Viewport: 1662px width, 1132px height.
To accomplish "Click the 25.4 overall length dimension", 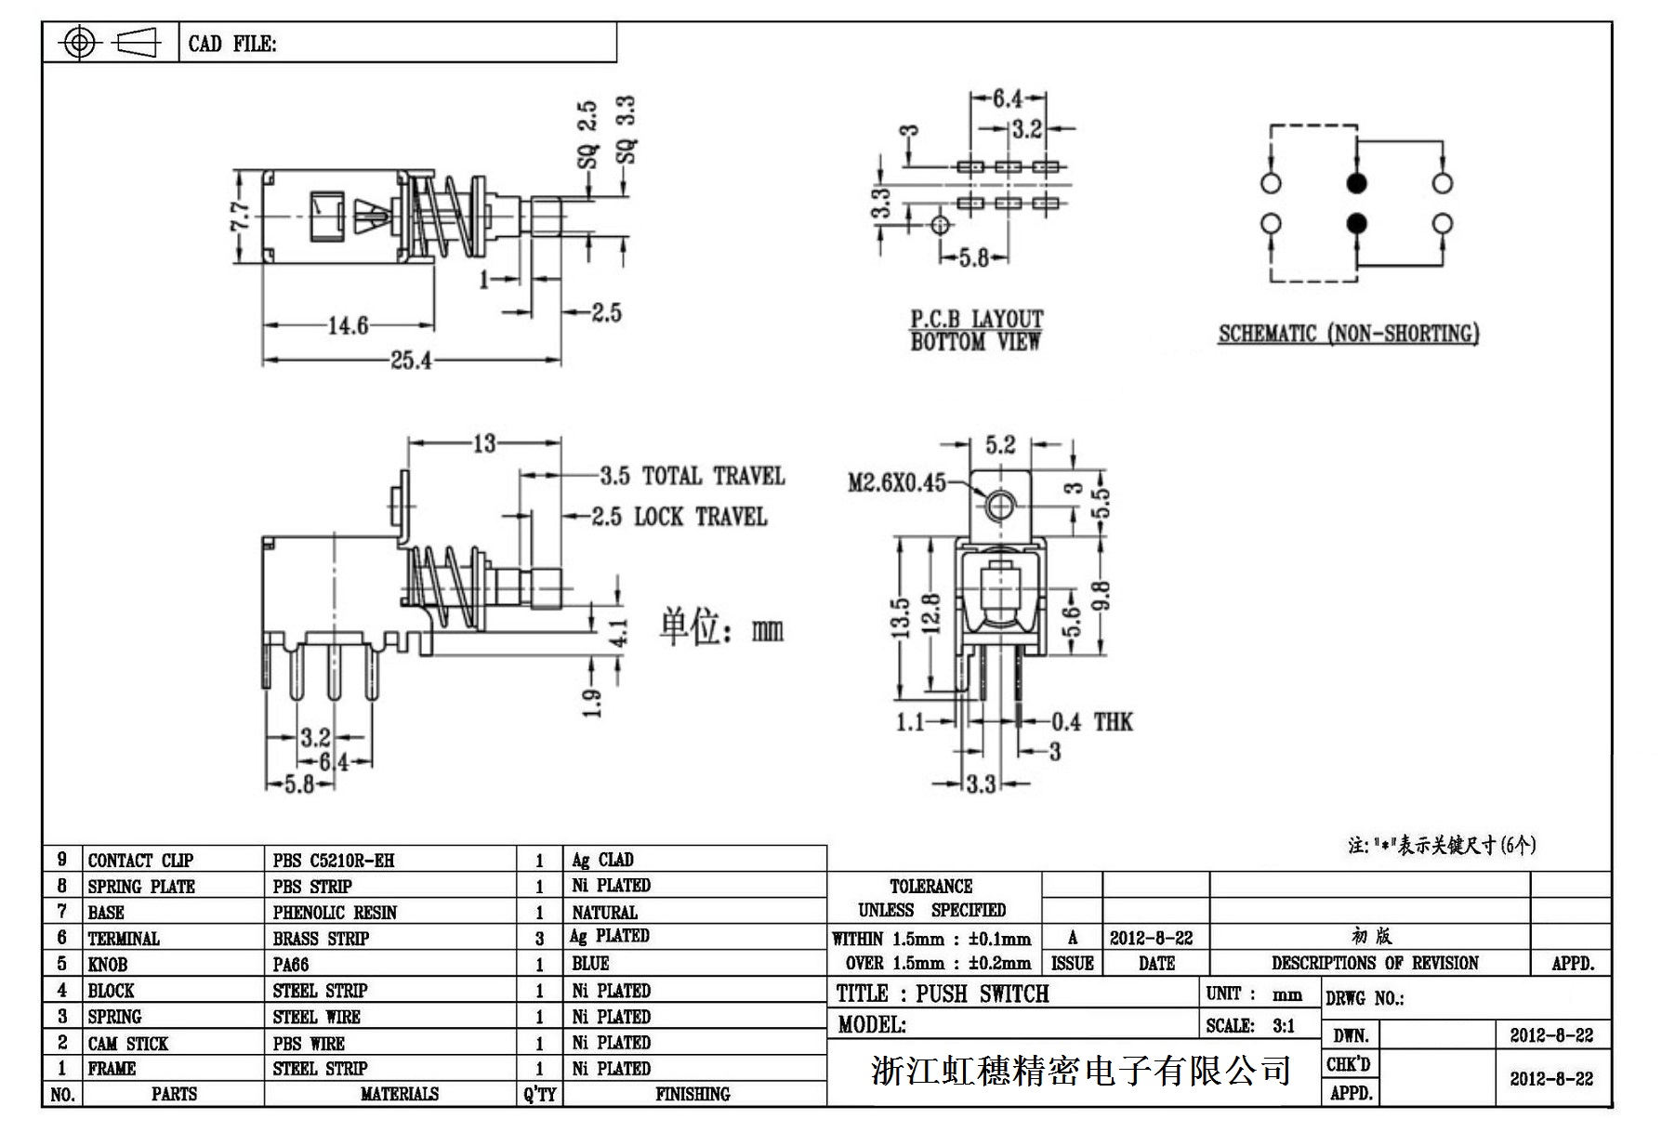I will coord(411,360).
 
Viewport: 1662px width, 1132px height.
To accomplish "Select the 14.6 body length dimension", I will coord(349,325).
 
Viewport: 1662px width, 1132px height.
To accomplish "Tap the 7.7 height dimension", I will coord(239,217).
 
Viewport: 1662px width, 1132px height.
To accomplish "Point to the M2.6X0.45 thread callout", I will coord(896,482).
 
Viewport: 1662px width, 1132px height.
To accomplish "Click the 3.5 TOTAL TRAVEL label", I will coord(692,477).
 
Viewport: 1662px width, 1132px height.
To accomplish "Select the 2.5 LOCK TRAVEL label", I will coord(679,517).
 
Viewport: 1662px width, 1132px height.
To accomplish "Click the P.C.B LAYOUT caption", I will coord(976,320).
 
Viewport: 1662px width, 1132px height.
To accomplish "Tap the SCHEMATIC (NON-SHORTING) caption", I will coord(1348,334).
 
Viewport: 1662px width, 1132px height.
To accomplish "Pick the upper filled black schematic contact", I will coord(1356,183).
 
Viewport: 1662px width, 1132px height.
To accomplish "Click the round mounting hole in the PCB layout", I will coord(941,224).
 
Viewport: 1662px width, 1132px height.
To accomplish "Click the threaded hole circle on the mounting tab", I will coord(999,506).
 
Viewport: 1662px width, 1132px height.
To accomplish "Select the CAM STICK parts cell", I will coord(128,1043).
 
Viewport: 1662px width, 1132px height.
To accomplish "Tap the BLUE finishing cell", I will coord(591,964).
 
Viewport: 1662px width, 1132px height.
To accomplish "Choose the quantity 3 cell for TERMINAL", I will coord(539,939).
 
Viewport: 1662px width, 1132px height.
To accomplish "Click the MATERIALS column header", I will coord(399,1094).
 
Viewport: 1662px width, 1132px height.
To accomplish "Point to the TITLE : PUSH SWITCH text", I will coord(943,994).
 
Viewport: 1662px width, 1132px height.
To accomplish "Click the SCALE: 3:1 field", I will coord(1250,1026).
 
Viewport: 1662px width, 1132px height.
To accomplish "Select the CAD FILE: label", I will coord(232,44).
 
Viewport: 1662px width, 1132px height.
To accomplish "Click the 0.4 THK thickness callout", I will coord(1092,722).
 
